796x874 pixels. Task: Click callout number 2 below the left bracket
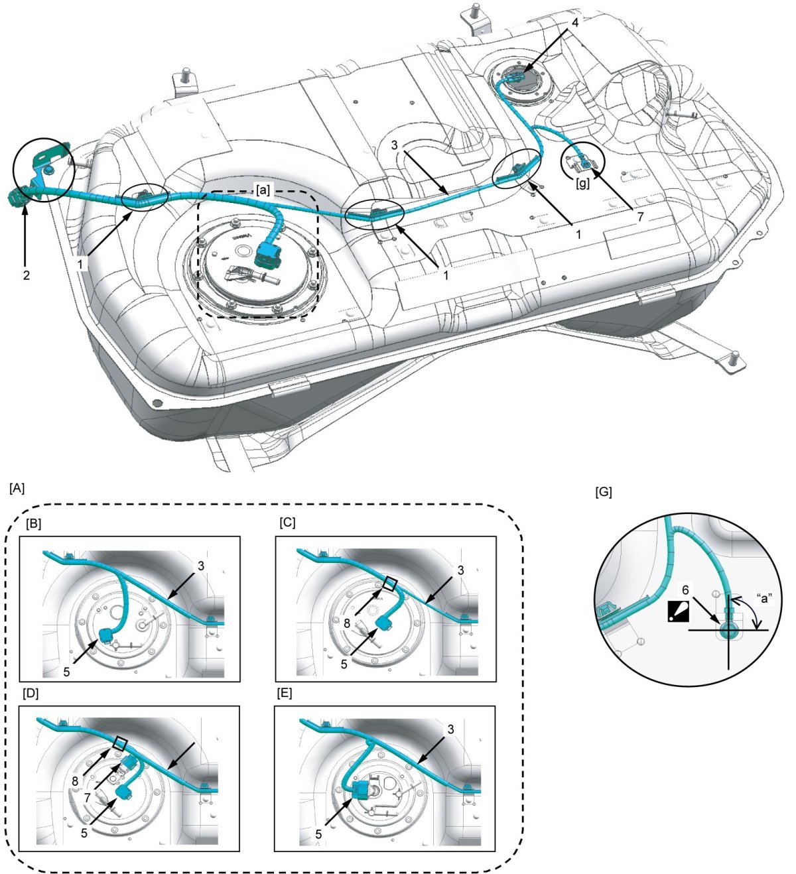[x=26, y=275]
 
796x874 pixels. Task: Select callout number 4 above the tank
[x=575, y=22]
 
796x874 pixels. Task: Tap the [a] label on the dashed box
[x=263, y=190]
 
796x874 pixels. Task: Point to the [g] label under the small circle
[x=583, y=184]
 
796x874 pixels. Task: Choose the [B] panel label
[x=32, y=523]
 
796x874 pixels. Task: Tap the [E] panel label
[x=285, y=694]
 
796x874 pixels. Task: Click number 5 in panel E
[x=319, y=834]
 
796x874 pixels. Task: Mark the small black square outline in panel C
[x=391, y=584]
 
